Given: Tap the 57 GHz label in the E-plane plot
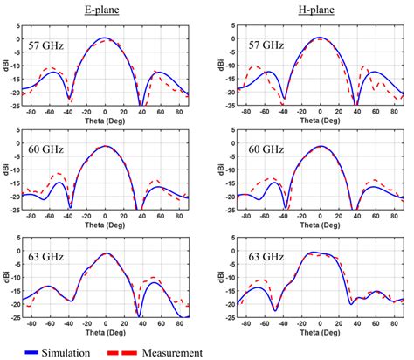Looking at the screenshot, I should (x=46, y=44).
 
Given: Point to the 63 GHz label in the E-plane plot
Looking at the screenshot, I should (x=46, y=257).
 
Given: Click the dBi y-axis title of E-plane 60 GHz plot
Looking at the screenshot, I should (x=6, y=170).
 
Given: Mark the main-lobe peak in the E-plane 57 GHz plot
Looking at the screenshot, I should (x=105, y=38).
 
